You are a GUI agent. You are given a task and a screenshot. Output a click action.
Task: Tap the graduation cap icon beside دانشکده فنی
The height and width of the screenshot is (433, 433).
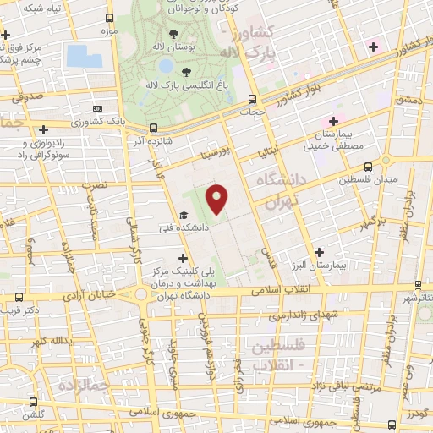183,216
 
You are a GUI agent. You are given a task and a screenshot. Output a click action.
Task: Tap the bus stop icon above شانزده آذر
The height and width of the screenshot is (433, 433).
153,129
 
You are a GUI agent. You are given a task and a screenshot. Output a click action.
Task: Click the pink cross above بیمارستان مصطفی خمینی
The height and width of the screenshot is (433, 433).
332,121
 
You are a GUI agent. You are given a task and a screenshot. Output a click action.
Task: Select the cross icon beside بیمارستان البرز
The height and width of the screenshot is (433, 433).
319,251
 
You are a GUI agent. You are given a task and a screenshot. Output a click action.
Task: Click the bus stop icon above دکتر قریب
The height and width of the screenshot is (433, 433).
19,297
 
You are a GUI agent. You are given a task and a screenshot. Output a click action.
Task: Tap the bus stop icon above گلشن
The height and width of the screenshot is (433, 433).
33,402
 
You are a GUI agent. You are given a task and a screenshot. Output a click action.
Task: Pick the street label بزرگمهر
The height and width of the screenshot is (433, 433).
373,222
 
